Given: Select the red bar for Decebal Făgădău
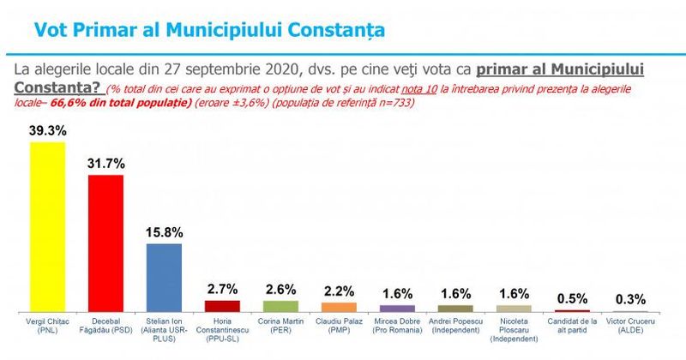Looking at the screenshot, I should [x=105, y=242].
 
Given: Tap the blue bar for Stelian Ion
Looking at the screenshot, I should [x=164, y=276].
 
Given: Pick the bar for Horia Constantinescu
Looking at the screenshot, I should [x=222, y=305].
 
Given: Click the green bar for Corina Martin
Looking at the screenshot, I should [x=280, y=305].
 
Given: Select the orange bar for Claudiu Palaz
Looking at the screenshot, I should [x=339, y=306].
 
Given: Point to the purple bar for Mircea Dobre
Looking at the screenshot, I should [x=397, y=307].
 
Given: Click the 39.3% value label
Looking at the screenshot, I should [x=47, y=131].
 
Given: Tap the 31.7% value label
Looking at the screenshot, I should [x=105, y=164].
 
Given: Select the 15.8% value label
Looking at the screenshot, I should [x=164, y=232].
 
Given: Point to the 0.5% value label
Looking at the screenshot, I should [x=572, y=298].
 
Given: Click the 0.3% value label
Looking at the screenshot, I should [x=630, y=299].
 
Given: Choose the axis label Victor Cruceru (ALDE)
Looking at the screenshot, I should [x=630, y=327].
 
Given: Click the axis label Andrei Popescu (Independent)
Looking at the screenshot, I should [x=455, y=327].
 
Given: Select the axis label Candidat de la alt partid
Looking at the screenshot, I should [x=572, y=327].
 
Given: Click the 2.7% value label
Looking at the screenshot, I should [x=222, y=288].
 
